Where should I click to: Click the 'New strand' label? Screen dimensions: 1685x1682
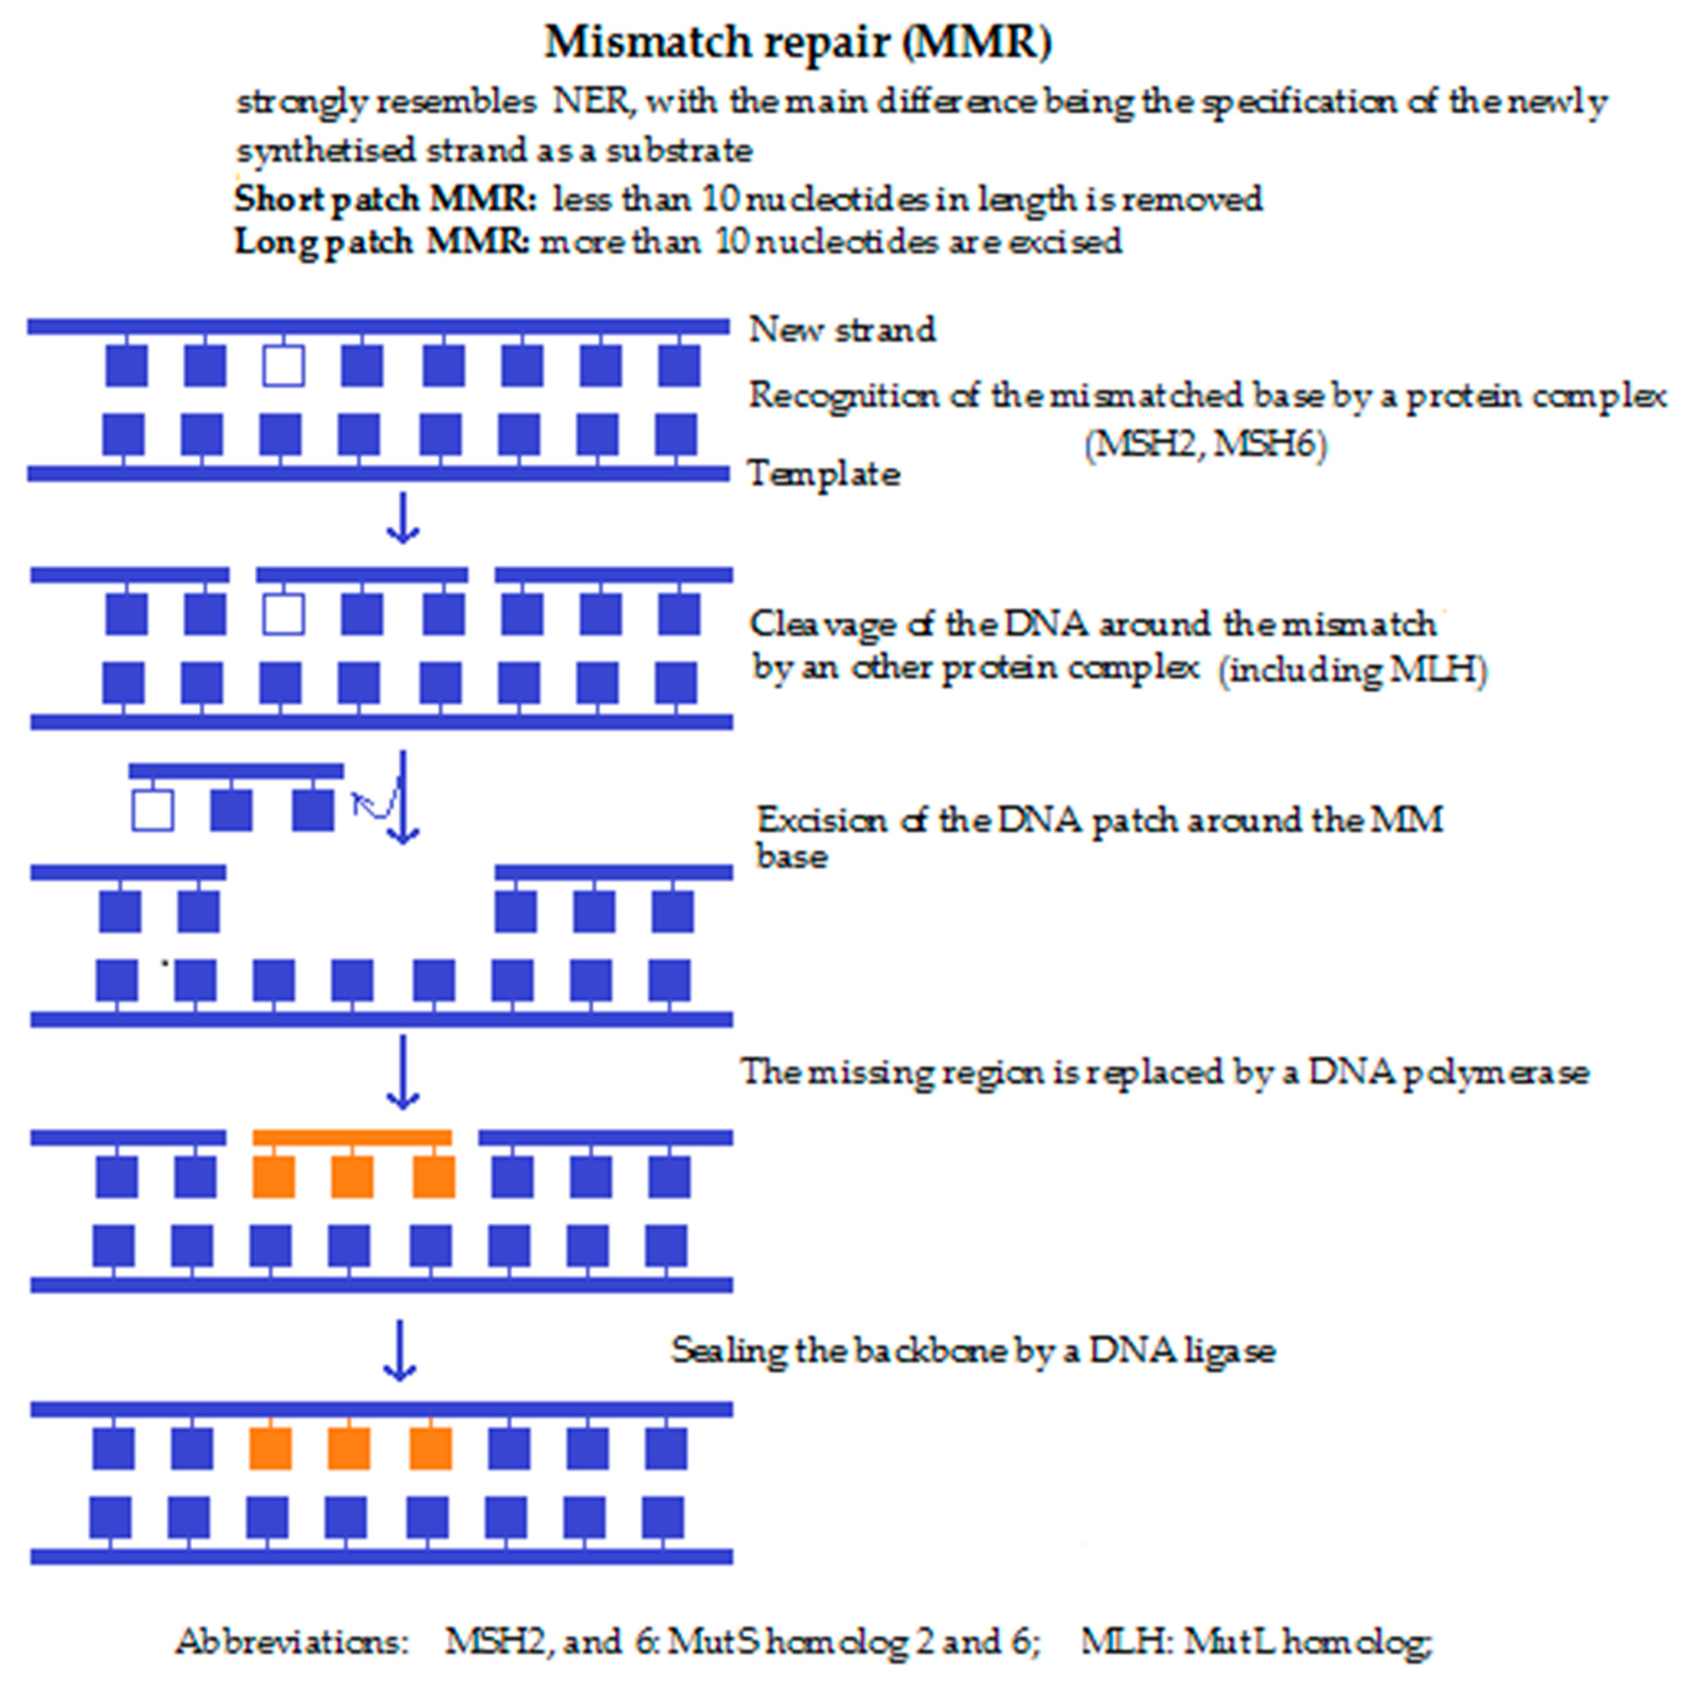click(x=842, y=330)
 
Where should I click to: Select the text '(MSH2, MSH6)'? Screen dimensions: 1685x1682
click(x=1206, y=445)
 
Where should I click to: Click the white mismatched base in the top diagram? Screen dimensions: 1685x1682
click(x=283, y=366)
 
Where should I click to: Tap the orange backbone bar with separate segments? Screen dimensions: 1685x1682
click(x=352, y=1138)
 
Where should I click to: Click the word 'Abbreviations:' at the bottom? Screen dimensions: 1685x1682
click(x=292, y=1642)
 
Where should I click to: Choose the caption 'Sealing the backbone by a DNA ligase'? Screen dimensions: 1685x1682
click(x=973, y=1350)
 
